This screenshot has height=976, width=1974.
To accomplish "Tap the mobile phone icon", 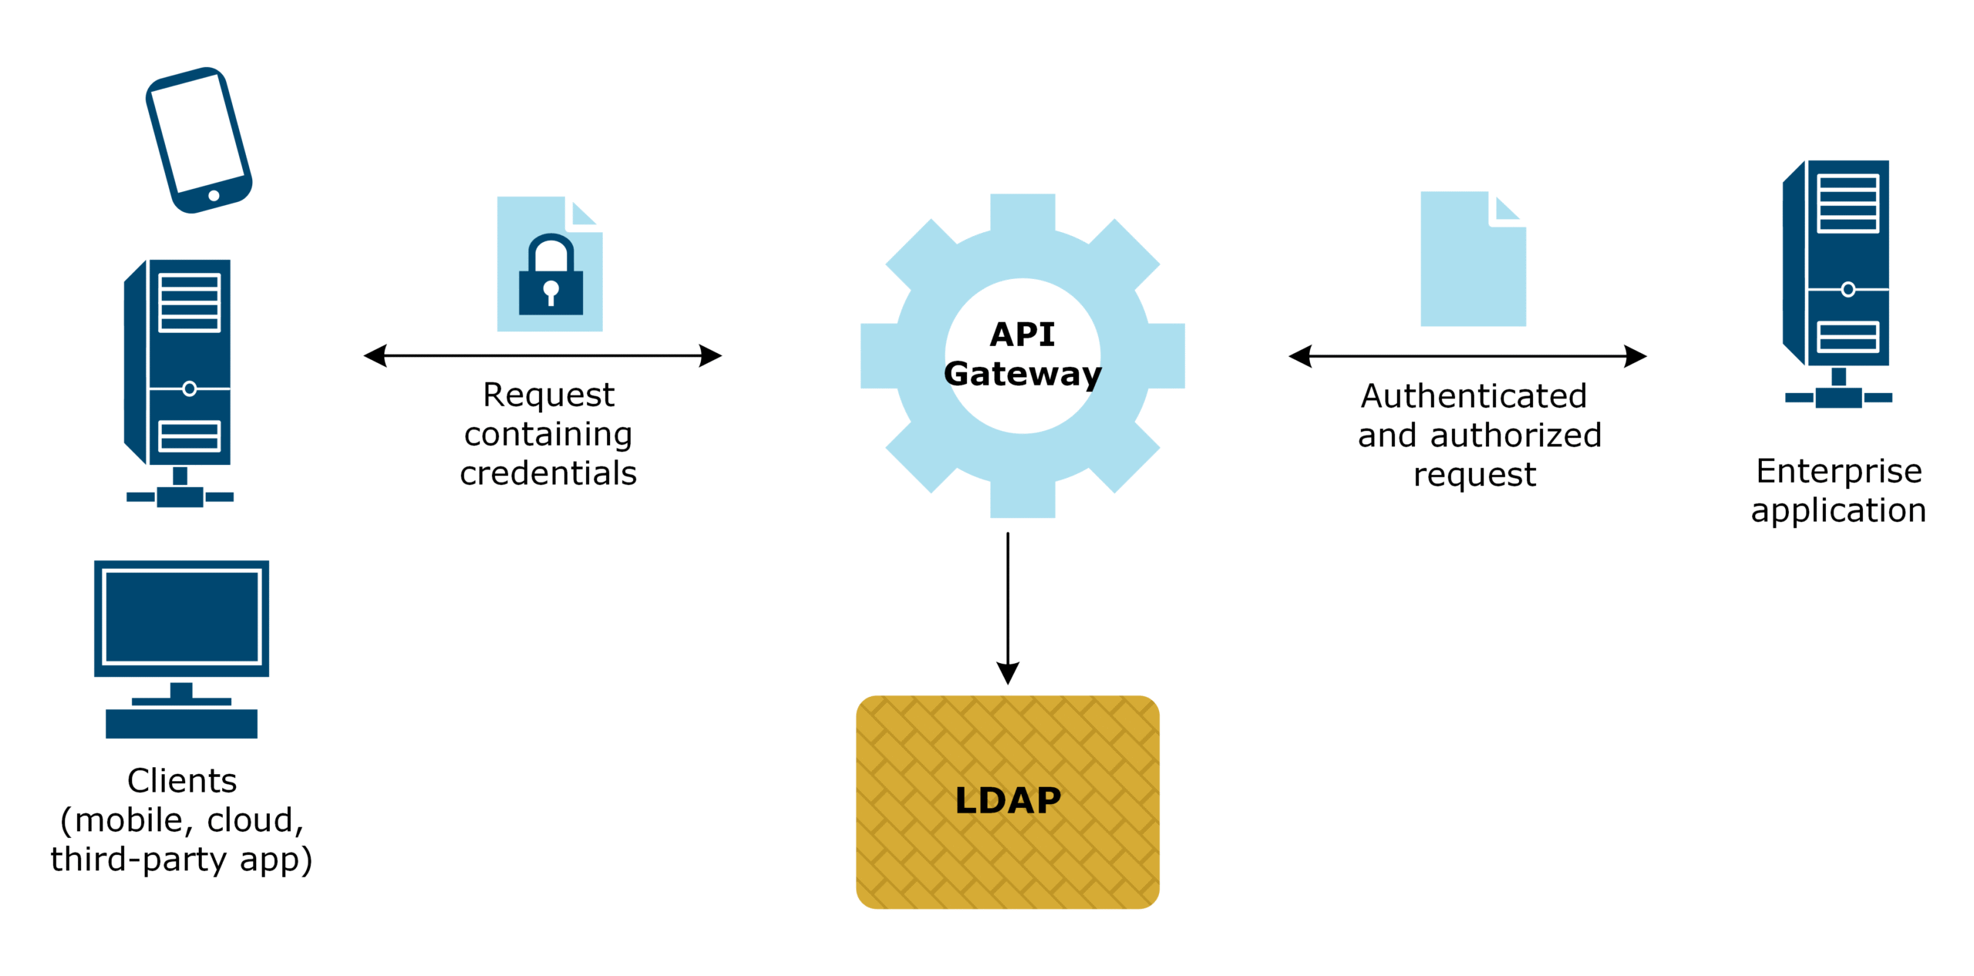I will pos(198,140).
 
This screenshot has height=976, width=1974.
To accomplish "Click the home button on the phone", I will pos(214,196).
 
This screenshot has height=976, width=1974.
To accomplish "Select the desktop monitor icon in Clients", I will pos(181,618).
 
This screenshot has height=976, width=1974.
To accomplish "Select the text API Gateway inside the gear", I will pos(1022,354).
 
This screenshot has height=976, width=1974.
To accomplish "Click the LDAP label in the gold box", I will pos(1007,800).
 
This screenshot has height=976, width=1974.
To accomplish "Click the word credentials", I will pos(548,473).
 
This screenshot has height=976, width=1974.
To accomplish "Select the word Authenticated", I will pos(1473,396).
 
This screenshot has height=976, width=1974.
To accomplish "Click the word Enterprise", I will pos(1838,471).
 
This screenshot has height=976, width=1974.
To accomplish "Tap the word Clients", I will pos(181,780).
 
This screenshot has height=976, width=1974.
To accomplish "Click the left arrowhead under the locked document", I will pos(376,355).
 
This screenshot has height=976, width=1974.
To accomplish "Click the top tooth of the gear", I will pos(1022,212).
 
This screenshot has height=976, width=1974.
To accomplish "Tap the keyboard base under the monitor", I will pos(181,723).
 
